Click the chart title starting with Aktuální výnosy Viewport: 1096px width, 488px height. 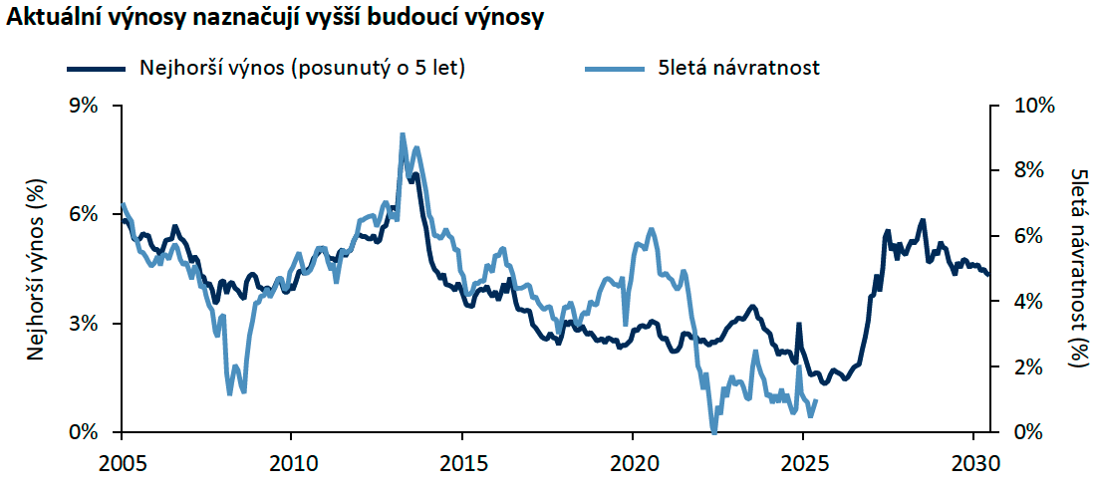click(275, 20)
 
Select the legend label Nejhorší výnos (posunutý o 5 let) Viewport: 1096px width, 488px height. click(304, 68)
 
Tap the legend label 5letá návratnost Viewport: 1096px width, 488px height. click(738, 68)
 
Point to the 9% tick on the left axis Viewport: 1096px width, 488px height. click(84, 106)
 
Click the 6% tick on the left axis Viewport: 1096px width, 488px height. click(84, 215)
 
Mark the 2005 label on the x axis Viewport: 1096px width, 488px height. click(122, 463)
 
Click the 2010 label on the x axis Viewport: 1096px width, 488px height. click(291, 463)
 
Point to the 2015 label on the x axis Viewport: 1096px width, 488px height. click(461, 463)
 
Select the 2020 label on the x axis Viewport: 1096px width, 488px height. click(632, 463)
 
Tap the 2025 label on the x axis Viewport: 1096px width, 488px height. click(802, 463)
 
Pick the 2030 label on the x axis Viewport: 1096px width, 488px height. click(972, 463)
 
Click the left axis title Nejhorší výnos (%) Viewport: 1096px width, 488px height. click(34, 269)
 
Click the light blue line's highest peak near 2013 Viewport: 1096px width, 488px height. click(402, 134)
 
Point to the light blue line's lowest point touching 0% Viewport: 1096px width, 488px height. click(713, 430)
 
